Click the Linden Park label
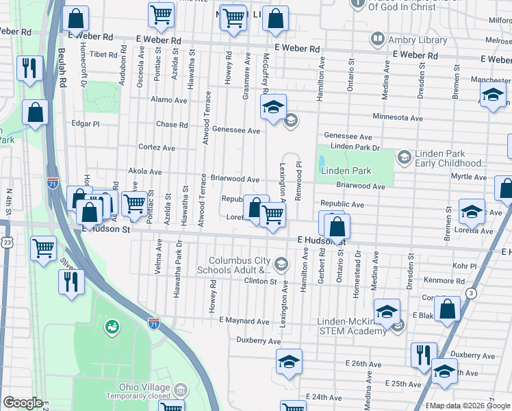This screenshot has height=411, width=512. click(x=346, y=171)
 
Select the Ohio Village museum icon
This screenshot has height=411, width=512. click(x=181, y=390)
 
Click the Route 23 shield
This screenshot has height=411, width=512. click(x=7, y=242)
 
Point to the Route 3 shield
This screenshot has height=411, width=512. click(x=471, y=293)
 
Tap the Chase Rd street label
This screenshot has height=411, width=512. click(x=172, y=125)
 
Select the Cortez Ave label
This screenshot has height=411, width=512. click(x=157, y=147)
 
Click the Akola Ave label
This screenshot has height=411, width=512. click(x=145, y=172)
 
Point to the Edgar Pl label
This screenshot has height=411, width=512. click(x=86, y=124)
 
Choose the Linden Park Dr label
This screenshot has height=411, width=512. click(x=355, y=147)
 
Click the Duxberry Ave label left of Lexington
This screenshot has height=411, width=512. click(x=258, y=340)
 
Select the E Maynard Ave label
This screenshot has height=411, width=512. click(x=244, y=321)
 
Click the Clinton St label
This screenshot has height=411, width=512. click(x=260, y=281)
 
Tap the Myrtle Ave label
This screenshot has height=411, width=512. click(x=468, y=177)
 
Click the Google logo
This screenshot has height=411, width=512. click(x=23, y=402)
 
